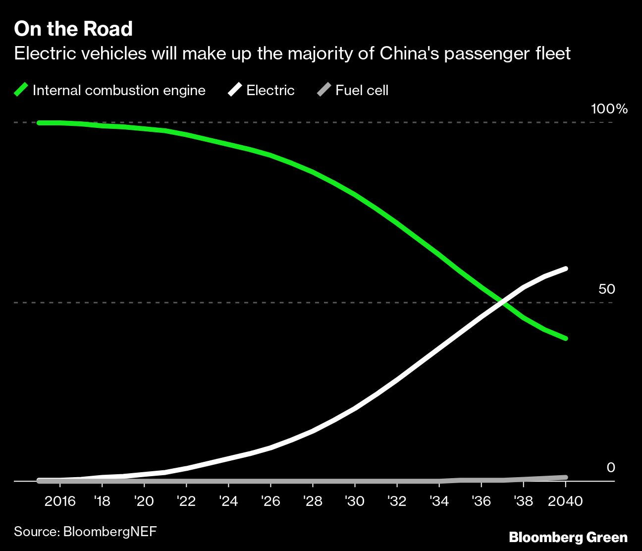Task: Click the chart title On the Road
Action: click(73, 29)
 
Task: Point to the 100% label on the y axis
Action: click(609, 109)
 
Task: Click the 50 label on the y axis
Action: click(606, 289)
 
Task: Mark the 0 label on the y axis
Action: click(610, 467)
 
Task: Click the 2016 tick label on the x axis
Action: click(60, 501)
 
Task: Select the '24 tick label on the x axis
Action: click(228, 501)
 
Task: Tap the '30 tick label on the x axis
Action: click(355, 501)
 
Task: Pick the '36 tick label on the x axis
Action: click(481, 501)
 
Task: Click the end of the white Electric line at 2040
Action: click(565, 269)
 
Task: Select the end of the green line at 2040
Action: click(565, 338)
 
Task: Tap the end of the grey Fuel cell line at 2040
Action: click(565, 477)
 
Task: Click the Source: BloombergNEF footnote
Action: click(85, 532)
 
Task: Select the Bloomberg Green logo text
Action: click(568, 537)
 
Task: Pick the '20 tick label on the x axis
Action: click(144, 501)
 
